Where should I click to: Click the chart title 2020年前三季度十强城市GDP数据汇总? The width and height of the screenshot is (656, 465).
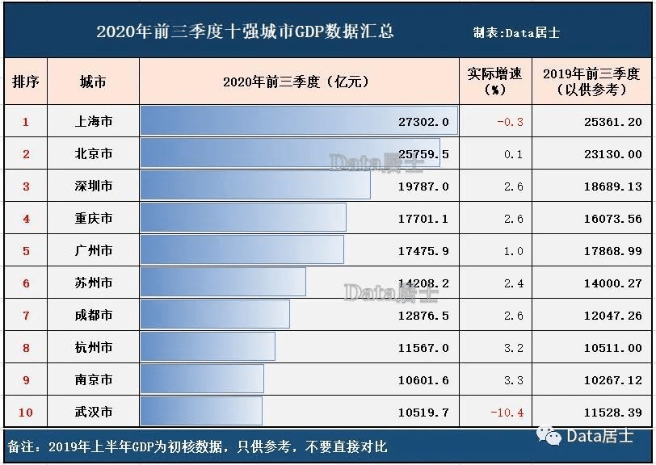(245, 32)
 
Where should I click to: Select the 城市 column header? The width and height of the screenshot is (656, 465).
(93, 82)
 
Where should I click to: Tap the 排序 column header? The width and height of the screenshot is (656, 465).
(26, 82)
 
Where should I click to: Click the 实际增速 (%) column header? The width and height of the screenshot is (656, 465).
(494, 82)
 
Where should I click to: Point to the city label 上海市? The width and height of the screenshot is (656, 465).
(93, 122)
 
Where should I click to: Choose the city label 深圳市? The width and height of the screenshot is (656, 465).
(93, 186)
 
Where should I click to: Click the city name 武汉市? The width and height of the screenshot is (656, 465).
(93, 413)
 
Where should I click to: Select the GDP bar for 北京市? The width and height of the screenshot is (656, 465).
(289, 153)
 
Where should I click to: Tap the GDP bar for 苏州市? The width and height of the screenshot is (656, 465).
(223, 282)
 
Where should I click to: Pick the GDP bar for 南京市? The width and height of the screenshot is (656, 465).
(202, 379)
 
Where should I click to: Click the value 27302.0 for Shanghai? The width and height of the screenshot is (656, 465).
(423, 122)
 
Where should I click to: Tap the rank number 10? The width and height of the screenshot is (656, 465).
(26, 413)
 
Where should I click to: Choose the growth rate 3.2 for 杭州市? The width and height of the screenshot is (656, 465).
(513, 348)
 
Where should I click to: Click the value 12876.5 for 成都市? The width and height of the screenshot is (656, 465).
(423, 316)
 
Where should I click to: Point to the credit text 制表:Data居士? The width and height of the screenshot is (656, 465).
(516, 33)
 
